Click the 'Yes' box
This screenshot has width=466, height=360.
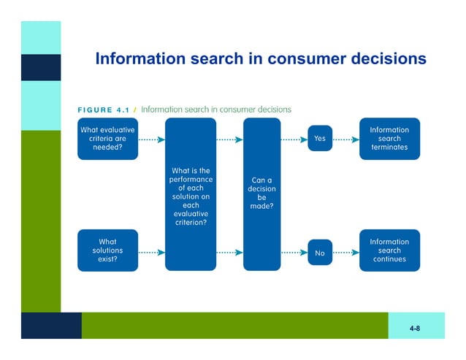319,139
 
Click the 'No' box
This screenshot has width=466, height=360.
319,253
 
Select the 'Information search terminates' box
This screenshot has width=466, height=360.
389,139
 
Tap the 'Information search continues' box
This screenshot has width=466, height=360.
389,250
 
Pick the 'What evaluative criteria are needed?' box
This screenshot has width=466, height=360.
107,139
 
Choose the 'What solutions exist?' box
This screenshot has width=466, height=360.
107,250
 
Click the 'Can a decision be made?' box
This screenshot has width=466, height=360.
261,194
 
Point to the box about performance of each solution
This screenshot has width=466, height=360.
191,194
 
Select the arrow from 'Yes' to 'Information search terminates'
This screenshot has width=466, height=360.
345,139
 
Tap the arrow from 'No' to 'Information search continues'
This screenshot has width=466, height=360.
345,253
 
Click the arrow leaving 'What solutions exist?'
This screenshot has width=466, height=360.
150,253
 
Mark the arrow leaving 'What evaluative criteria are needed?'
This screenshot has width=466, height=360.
150,139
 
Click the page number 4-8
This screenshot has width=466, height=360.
414,329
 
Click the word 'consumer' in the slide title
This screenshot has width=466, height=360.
306,58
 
